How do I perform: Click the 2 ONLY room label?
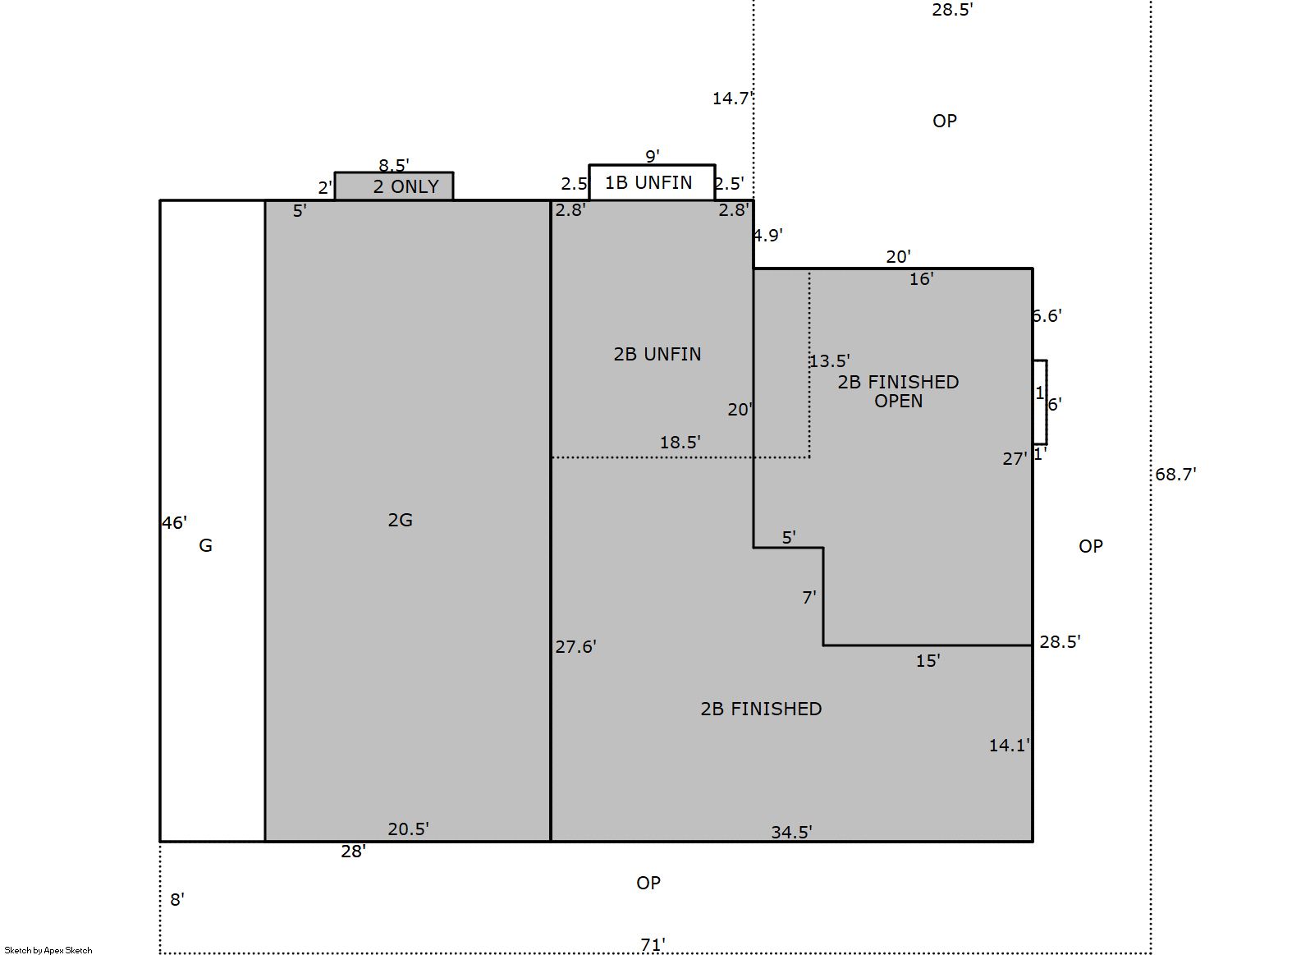click(x=405, y=186)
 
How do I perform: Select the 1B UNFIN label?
click(x=648, y=183)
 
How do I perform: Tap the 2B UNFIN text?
click(x=657, y=354)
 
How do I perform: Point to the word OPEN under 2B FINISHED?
click(x=898, y=401)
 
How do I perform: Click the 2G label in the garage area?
click(x=400, y=519)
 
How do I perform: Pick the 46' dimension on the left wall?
click(x=174, y=523)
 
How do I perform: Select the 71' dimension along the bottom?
click(x=653, y=944)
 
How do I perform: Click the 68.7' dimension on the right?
click(x=1175, y=474)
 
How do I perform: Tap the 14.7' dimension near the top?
click(x=732, y=99)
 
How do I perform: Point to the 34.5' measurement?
click(x=791, y=832)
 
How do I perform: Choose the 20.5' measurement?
click(x=408, y=829)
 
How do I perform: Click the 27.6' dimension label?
click(x=575, y=646)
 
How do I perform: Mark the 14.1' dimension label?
click(x=1009, y=746)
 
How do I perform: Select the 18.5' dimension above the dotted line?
click(x=680, y=442)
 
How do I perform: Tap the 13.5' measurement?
click(x=829, y=360)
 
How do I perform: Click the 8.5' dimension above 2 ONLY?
click(x=394, y=165)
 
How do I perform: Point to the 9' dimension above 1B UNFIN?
click(x=653, y=156)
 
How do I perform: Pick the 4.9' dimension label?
click(x=767, y=236)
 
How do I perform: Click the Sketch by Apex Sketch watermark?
click(x=48, y=950)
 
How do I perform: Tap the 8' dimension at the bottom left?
click(x=176, y=899)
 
